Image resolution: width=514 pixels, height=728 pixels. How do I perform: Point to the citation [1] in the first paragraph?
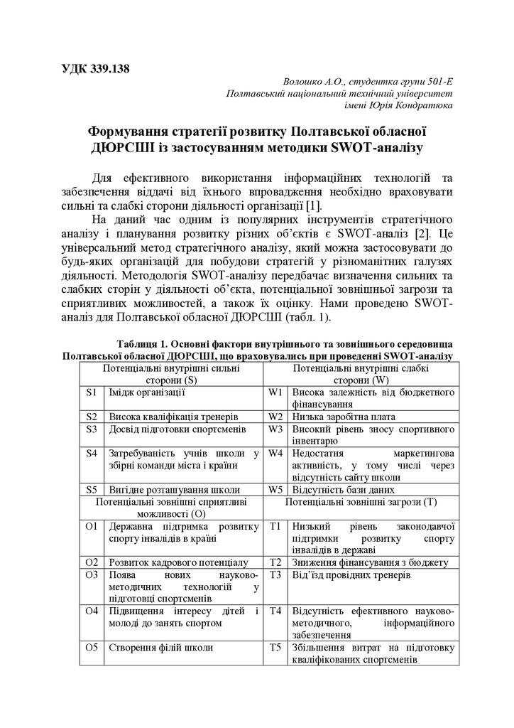(x=314, y=205)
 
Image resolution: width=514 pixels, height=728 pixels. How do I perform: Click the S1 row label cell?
(x=91, y=392)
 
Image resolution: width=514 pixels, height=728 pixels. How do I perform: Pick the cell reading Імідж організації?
(x=147, y=392)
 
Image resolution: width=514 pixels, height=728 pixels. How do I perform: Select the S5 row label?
(x=91, y=490)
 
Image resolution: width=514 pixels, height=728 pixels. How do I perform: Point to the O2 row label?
(x=91, y=562)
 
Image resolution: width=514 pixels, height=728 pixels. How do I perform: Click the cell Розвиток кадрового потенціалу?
(x=178, y=562)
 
